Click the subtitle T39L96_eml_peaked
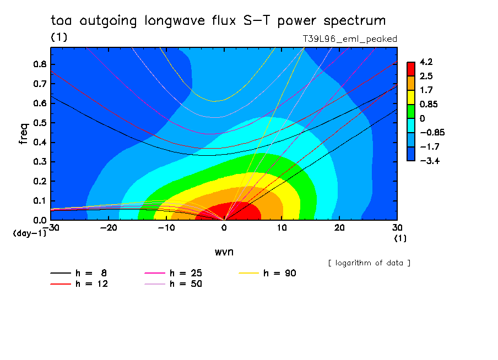coord(350,39)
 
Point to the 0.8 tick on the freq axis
coord(40,64)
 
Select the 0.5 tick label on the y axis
coord(40,123)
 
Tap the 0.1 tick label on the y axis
coord(40,201)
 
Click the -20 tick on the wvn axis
coord(109,228)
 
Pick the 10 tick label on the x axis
coord(282,228)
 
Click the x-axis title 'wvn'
coord(224,252)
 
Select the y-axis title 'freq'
coord(24,133)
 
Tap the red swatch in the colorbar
coord(411,69)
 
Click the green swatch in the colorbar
coord(411,111)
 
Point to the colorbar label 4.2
coord(426,62)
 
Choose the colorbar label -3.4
coord(430,161)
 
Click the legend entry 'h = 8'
coord(78,273)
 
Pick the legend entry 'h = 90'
coord(267,273)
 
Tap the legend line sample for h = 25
coord(155,273)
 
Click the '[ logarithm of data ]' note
coord(370,263)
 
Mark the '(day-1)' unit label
coord(30,233)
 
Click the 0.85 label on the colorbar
coord(429,105)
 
